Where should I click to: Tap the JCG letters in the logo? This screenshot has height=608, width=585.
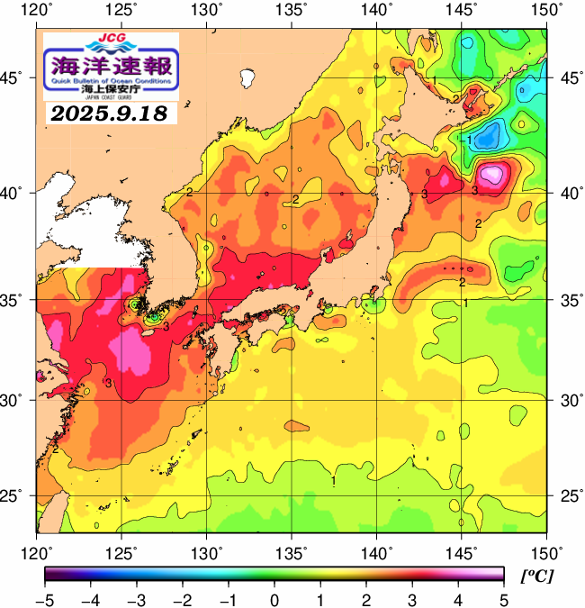pyautogui.click(x=111, y=38)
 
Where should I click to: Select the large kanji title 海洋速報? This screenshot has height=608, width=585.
pyautogui.click(x=112, y=65)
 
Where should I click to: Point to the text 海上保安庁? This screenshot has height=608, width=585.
pyautogui.click(x=112, y=89)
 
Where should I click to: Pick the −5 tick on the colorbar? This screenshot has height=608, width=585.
pyautogui.click(x=44, y=597)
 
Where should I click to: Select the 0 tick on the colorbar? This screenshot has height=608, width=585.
pyautogui.click(x=274, y=597)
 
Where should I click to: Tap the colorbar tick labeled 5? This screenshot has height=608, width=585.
pyautogui.click(x=503, y=597)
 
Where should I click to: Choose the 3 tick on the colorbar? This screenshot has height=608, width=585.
pyautogui.click(x=411, y=597)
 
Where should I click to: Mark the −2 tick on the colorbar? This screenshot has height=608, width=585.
pyautogui.click(x=182, y=597)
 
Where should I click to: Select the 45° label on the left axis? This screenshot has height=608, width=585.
pyautogui.click(x=17, y=78)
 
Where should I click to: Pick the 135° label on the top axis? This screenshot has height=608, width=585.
pyautogui.click(x=292, y=10)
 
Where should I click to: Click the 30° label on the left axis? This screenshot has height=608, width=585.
pyautogui.click(x=17, y=400)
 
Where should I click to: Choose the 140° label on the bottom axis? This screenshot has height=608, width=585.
pyautogui.click(x=376, y=552)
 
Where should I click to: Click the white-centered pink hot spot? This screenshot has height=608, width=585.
pyautogui.click(x=492, y=173)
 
